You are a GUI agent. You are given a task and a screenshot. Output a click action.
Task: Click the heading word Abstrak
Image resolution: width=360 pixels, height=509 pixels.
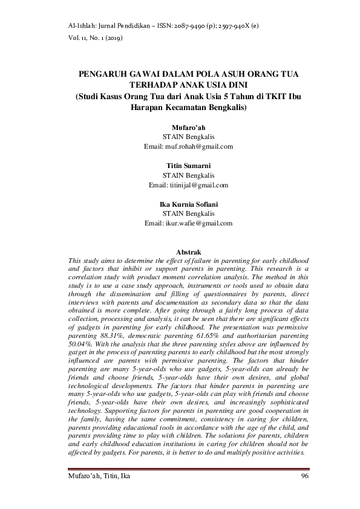tap(188, 251)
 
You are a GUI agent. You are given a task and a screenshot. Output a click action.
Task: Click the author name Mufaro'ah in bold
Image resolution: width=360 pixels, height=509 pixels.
tap(188, 127)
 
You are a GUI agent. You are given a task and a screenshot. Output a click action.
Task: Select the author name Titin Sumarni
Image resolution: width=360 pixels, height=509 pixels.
tap(188, 165)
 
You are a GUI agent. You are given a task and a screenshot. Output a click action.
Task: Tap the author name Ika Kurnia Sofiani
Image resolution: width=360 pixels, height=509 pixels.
tap(188, 204)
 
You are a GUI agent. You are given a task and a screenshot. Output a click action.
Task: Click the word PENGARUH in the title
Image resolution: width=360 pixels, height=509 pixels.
tap(101, 73)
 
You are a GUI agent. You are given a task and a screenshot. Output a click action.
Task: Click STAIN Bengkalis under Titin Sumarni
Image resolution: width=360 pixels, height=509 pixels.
tap(188, 175)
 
